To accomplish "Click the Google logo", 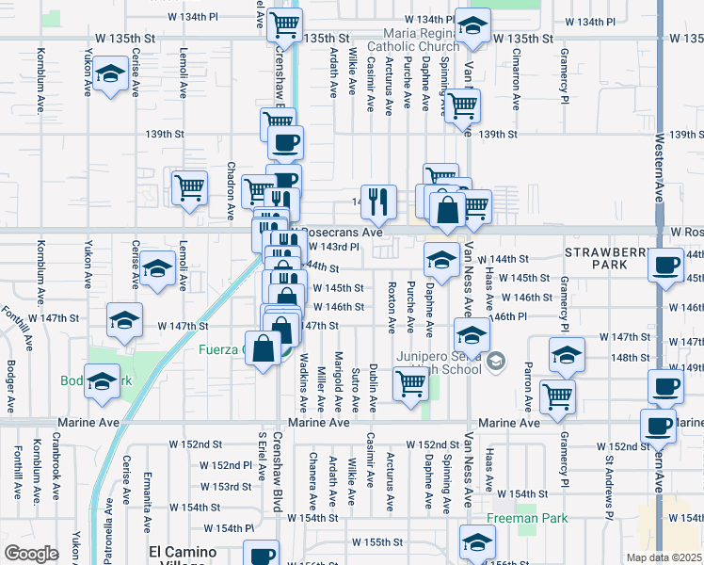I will pyautogui.click(x=31, y=554).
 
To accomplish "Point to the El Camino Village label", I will pyautogui.click(x=183, y=556).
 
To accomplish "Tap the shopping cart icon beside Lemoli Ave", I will pyautogui.click(x=190, y=186).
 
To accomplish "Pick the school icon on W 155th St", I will pyautogui.click(x=477, y=541).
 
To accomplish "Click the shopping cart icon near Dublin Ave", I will pyautogui.click(x=410, y=384).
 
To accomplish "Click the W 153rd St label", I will pyautogui.click(x=226, y=487).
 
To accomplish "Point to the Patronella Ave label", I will pyautogui.click(x=109, y=537).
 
